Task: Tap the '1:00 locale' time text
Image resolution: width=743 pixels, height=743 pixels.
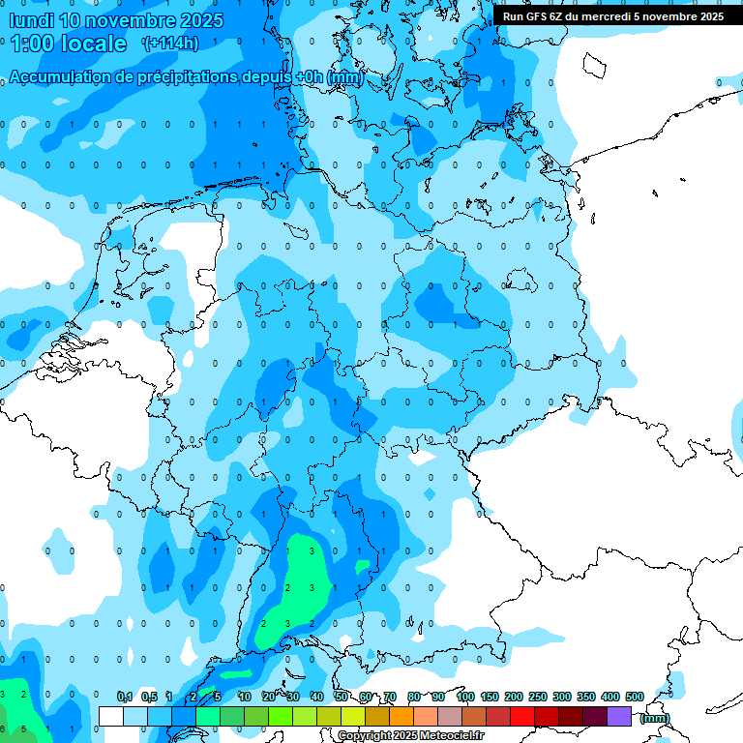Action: pyautogui.click(x=69, y=44)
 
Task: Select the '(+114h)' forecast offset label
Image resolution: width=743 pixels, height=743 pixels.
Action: pyautogui.click(x=170, y=44)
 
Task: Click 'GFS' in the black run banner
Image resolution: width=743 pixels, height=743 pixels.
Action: pyautogui.click(x=538, y=16)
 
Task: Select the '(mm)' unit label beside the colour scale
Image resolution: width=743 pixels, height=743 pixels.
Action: pyautogui.click(x=655, y=718)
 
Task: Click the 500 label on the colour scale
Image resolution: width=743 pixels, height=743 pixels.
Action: pyautogui.click(x=635, y=697)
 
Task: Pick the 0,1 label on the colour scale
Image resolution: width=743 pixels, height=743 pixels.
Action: pyautogui.click(x=125, y=697)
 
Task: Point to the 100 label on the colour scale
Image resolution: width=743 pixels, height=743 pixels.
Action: pyautogui.click(x=465, y=697)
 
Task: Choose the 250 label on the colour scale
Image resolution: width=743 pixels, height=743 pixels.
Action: pyautogui.click(x=538, y=697)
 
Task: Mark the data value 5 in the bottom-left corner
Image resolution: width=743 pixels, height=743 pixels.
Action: pyautogui.click(x=22, y=728)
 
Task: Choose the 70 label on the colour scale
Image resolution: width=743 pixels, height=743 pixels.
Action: pyautogui.click(x=389, y=697)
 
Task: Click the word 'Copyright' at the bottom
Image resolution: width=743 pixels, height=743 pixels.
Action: pyautogui.click(x=365, y=736)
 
